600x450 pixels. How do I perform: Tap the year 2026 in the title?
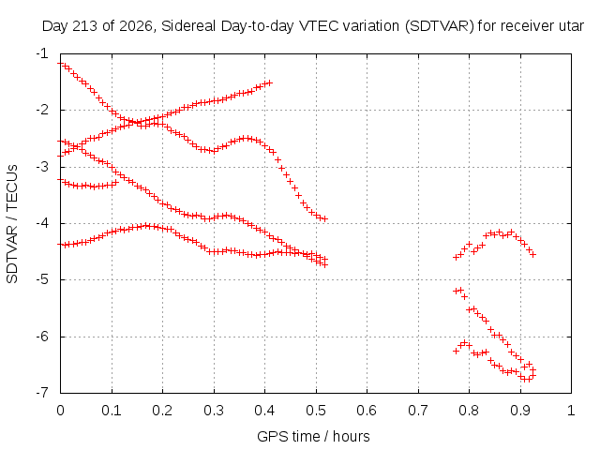(136, 26)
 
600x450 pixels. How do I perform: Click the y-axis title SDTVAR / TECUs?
(12, 224)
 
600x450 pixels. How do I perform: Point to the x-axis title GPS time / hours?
(313, 436)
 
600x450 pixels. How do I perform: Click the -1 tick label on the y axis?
(42, 53)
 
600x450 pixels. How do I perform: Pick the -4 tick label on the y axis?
(42, 223)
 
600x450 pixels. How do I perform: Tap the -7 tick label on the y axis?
(42, 392)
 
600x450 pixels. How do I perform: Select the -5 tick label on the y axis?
(42, 279)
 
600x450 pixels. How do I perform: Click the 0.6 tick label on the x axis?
(367, 411)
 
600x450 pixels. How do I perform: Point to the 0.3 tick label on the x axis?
(214, 411)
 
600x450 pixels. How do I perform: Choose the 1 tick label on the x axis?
(571, 411)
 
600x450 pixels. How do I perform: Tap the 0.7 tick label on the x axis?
(418, 411)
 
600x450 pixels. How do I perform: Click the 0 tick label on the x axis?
(60, 411)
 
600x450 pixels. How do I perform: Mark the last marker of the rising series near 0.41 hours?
(270, 82)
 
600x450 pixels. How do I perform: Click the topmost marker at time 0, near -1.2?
(60, 64)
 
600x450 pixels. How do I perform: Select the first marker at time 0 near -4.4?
(60, 244)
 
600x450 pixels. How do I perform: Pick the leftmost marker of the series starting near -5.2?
(456, 292)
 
